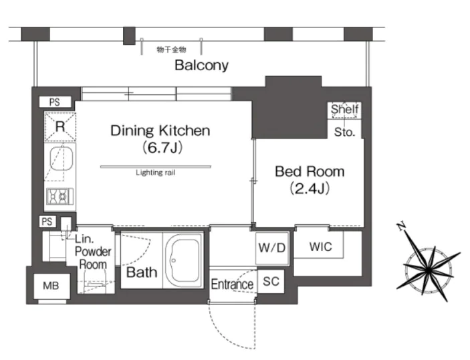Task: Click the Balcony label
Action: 201,65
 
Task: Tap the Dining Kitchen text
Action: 160,130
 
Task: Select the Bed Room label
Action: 310,171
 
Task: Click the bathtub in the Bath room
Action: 184,260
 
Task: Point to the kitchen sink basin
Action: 61,159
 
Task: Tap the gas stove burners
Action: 60,197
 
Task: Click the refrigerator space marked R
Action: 60,126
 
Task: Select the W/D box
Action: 272,248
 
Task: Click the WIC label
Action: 320,247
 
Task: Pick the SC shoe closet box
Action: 271,281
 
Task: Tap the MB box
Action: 51,286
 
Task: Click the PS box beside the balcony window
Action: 55,102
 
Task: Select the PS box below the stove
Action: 47,221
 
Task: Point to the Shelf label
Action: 345,109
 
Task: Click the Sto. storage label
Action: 344,132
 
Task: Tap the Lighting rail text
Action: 156,173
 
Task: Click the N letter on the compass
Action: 401,226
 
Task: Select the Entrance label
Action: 232,284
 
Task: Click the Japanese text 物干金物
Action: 171,50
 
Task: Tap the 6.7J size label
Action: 162,148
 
